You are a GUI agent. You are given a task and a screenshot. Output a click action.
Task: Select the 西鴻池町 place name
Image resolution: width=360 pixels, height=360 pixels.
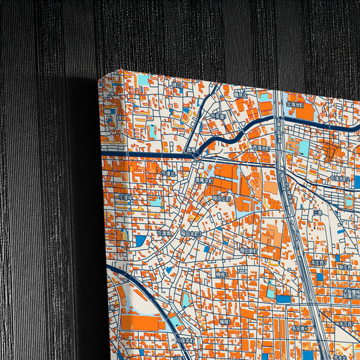[261, 147]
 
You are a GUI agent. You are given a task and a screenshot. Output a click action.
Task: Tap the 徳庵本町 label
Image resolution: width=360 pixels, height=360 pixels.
[204, 181]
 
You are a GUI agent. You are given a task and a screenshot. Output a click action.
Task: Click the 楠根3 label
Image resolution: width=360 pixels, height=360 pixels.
[223, 323]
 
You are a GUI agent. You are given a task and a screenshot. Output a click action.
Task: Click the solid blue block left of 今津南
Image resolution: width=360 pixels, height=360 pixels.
[140, 240]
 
